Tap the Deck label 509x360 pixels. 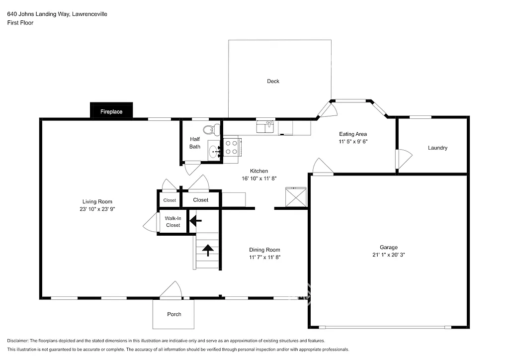[x=273, y=81]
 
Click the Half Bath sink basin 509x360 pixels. [x=213, y=152]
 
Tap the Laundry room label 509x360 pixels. [x=437, y=148]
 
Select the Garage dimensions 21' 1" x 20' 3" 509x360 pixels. [x=389, y=255]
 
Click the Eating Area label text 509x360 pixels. [x=353, y=134]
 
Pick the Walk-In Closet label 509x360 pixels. [x=173, y=222]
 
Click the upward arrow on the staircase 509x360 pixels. [x=208, y=250]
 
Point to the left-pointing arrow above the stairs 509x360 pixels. [x=196, y=219]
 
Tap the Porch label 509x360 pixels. [x=174, y=314]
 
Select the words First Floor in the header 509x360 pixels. [x=20, y=23]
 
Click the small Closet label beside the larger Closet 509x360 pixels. [x=170, y=200]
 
